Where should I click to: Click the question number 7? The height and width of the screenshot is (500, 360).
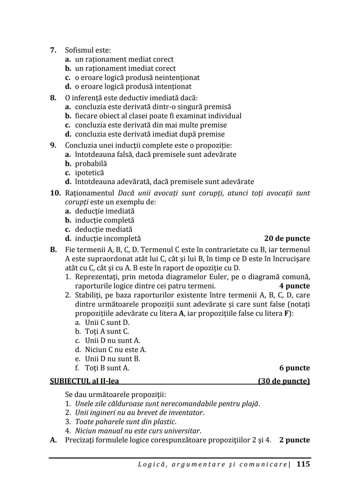tap(53, 50)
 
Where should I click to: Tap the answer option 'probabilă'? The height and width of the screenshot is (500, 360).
tap(91, 164)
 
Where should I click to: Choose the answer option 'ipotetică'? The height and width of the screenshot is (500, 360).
tap(89, 173)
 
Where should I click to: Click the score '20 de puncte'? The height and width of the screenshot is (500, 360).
tap(287, 239)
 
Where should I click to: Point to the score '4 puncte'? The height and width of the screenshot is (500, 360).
tap(294, 286)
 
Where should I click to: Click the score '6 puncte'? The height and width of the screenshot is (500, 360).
tap(294, 368)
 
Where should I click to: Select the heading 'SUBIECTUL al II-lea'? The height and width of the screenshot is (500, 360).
tap(84, 381)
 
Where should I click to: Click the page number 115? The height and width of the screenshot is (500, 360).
tap(303, 464)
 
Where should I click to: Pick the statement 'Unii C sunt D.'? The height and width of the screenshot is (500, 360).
tap(107, 322)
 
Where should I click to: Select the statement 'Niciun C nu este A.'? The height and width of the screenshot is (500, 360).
tap(115, 350)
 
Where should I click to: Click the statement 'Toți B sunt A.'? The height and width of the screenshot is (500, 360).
tap(107, 368)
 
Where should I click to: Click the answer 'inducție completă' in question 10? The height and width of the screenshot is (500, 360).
tap(104, 220)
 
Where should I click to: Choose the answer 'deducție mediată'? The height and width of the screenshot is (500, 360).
tap(103, 230)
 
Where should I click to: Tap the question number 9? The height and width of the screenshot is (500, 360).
tap(53, 146)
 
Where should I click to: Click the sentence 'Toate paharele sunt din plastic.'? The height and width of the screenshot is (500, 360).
tap(126, 422)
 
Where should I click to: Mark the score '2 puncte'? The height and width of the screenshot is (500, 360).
tap(294, 440)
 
